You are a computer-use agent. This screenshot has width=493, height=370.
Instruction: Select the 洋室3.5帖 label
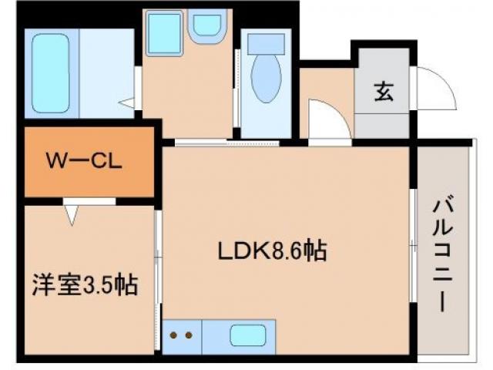(x=85, y=286)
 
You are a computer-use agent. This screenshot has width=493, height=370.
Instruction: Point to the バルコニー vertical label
(x=441, y=254)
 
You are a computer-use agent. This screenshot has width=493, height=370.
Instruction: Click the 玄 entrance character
(x=383, y=92)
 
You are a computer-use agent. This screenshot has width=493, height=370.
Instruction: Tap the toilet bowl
(x=266, y=78)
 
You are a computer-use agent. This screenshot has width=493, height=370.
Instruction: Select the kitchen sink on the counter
(x=247, y=336)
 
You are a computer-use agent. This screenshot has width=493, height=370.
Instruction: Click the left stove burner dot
(x=174, y=336)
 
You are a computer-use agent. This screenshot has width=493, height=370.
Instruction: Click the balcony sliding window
(x=414, y=247)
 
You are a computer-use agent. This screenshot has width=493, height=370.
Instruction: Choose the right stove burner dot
(x=188, y=336)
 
